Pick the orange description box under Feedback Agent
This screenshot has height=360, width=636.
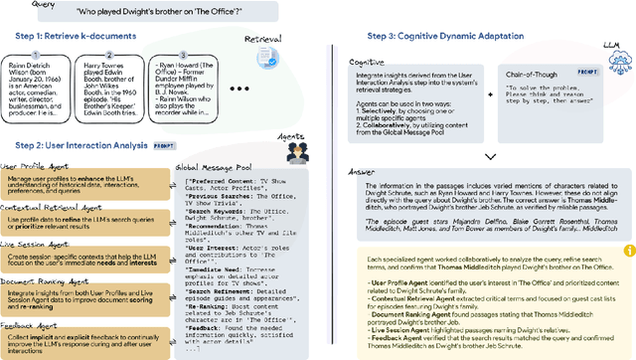83,344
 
